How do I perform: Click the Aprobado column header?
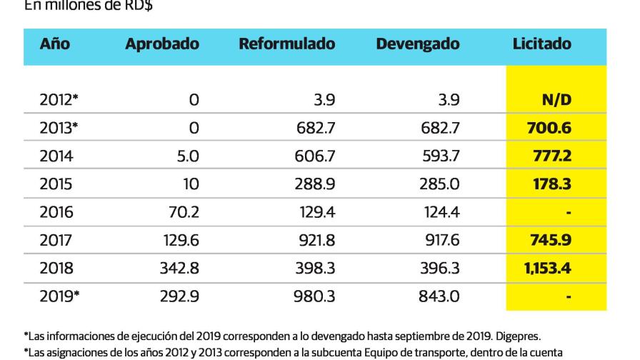click(x=162, y=44)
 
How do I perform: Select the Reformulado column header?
click(x=286, y=44)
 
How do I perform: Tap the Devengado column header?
click(x=418, y=44)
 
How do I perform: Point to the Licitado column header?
click(x=542, y=44)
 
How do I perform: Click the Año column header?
click(x=55, y=44)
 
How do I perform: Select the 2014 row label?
click(x=56, y=156)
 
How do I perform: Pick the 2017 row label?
click(x=56, y=240)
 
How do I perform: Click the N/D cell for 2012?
click(x=557, y=100)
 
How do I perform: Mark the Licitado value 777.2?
click(x=552, y=156)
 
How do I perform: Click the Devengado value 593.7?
click(x=441, y=156)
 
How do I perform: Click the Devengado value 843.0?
click(x=441, y=296)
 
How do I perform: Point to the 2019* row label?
click(x=59, y=296)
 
